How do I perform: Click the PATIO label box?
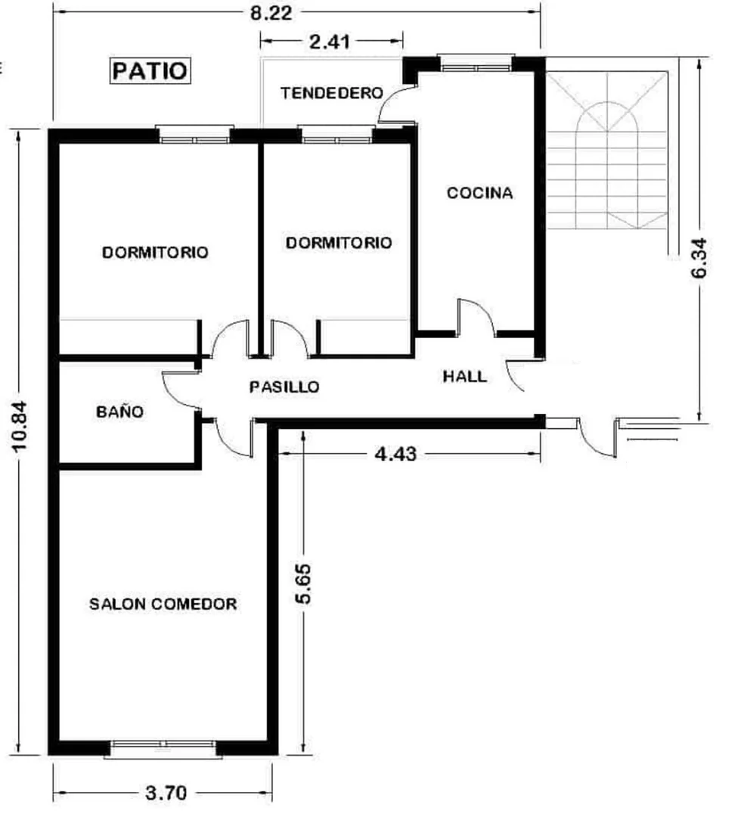pos(150,71)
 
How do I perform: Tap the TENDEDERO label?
pos(332,93)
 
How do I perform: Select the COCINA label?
pos(479,193)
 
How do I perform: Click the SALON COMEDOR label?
pos(163,604)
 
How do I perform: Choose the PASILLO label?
pos(284,387)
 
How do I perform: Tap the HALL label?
pos(464,376)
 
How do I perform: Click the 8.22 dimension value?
pos(271,13)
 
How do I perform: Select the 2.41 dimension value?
pos(330,41)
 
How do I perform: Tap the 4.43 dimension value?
pos(395,454)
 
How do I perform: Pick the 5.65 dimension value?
pos(303,583)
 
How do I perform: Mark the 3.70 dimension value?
pos(166,794)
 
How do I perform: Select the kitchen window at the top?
pos(476,64)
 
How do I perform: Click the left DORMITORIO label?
pos(155,252)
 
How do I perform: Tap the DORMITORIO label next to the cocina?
pos(339,242)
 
